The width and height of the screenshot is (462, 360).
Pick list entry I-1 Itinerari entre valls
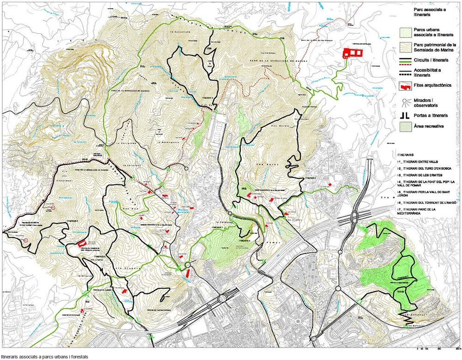pyautogui.click(x=418, y=162)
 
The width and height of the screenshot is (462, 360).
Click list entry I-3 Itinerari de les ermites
pyautogui.click(x=418, y=176)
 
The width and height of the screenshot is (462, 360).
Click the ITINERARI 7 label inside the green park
pyautogui.click(x=401, y=277)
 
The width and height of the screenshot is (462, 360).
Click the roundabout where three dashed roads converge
pyautogui.click(x=338, y=289)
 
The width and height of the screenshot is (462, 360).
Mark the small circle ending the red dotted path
pyautogui.click(x=187, y=169)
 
